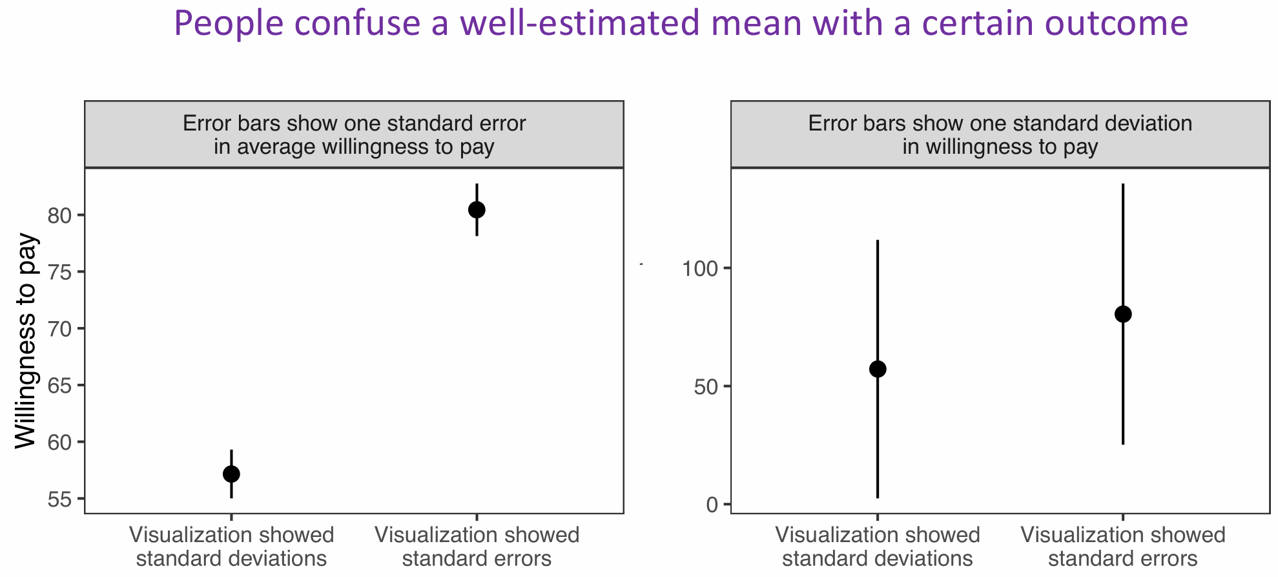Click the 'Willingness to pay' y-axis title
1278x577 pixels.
(x=26, y=341)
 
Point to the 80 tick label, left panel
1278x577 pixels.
(x=59, y=215)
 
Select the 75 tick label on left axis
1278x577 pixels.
(x=59, y=272)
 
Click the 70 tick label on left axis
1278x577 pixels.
(x=59, y=329)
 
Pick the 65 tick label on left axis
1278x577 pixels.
(x=59, y=386)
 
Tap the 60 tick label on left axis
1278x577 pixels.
(x=59, y=443)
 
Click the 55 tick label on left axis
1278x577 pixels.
(x=59, y=499)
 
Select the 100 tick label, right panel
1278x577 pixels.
(x=701, y=268)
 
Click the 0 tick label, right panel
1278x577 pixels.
(x=713, y=505)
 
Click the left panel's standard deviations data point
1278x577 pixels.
(x=231, y=474)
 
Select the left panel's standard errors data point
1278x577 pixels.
(x=477, y=209)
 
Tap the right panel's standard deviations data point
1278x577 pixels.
(x=878, y=369)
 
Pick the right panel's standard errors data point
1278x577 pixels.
(x=1123, y=314)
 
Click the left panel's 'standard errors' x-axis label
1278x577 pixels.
(x=477, y=558)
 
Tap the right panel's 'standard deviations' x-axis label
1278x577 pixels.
(x=878, y=558)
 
